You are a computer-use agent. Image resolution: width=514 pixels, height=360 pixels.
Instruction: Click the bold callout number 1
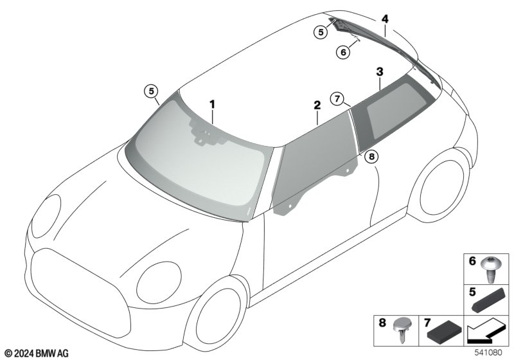coord(213,105)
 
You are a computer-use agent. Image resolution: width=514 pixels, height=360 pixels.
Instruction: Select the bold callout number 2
coord(317,105)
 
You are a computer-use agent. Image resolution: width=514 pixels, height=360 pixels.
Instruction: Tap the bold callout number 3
coord(380,72)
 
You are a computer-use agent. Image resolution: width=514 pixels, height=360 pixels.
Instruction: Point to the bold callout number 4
coord(385,19)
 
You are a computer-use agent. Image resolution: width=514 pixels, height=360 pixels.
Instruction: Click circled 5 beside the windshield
coord(151,91)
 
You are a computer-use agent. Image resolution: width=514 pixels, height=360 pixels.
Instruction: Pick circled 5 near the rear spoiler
coord(321,32)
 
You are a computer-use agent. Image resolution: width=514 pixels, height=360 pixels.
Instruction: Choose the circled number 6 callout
coord(343,52)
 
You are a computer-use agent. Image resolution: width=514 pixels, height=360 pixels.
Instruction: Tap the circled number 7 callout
coord(338,98)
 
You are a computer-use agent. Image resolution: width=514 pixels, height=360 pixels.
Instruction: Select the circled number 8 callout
coord(371,157)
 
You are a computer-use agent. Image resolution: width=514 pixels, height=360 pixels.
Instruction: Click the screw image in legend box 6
coord(490,269)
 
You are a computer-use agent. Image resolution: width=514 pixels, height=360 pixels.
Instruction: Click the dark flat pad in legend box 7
coord(445,333)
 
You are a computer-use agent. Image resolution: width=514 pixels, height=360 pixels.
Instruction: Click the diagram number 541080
coord(488,352)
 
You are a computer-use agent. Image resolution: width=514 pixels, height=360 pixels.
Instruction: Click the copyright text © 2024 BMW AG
coord(37,353)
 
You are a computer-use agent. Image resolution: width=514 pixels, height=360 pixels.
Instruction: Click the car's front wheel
coord(218,317)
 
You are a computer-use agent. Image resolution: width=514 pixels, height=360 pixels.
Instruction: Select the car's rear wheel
coord(439,187)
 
